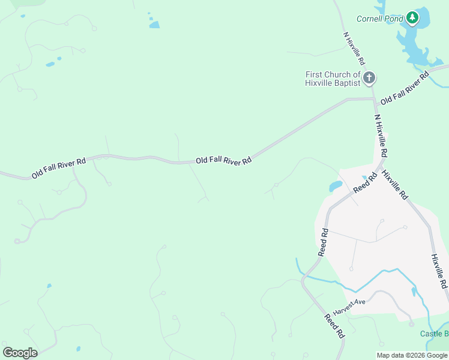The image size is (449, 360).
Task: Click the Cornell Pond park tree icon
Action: point(412,18)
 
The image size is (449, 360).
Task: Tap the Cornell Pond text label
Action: point(380,19)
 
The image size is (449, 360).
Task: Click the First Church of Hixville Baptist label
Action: point(333,79)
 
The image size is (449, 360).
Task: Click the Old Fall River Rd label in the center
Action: point(223,161)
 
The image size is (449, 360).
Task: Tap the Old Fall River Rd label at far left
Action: point(59,167)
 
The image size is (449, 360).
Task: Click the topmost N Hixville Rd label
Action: point(354,48)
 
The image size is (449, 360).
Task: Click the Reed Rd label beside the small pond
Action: point(364,182)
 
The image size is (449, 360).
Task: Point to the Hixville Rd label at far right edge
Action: point(439,270)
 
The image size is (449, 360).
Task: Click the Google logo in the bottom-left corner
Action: point(20,352)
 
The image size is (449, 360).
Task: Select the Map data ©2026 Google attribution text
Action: point(412,355)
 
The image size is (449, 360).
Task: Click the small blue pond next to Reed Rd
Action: point(336,187)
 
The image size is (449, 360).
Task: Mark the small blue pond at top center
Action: point(154,25)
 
